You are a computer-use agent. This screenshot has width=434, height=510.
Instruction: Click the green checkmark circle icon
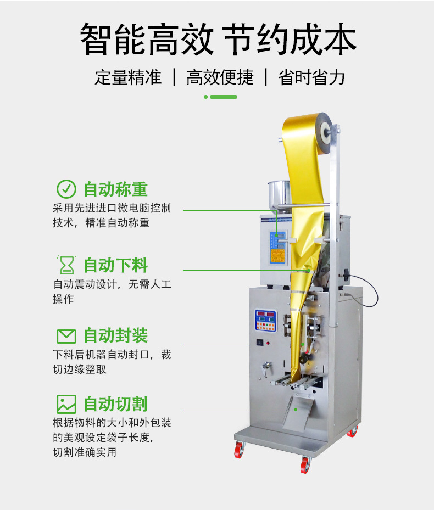[x=66, y=189]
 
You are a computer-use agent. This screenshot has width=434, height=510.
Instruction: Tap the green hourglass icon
[x=66, y=265]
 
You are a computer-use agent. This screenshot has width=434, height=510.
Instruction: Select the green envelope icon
[x=66, y=337]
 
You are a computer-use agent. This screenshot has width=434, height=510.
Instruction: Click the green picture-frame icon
[x=66, y=404]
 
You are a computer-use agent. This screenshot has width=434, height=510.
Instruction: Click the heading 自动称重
[x=115, y=189]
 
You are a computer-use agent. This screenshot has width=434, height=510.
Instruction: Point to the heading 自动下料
[x=115, y=265]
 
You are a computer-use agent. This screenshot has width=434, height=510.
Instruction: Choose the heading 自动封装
[x=115, y=335]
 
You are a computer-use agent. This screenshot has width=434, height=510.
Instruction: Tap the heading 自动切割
[x=115, y=404]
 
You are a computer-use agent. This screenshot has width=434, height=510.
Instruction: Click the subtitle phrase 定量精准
[x=128, y=77]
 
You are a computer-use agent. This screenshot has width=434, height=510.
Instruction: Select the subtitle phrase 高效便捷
[x=220, y=77]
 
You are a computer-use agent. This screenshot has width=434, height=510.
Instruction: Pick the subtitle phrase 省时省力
[x=311, y=77]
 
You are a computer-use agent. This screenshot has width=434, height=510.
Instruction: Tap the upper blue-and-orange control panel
[x=277, y=248]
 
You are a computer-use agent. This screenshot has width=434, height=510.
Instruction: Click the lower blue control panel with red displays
[x=266, y=321]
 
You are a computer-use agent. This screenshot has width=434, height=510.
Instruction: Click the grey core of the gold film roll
[x=325, y=133]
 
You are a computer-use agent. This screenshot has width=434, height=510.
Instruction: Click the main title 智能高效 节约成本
[x=218, y=39]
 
